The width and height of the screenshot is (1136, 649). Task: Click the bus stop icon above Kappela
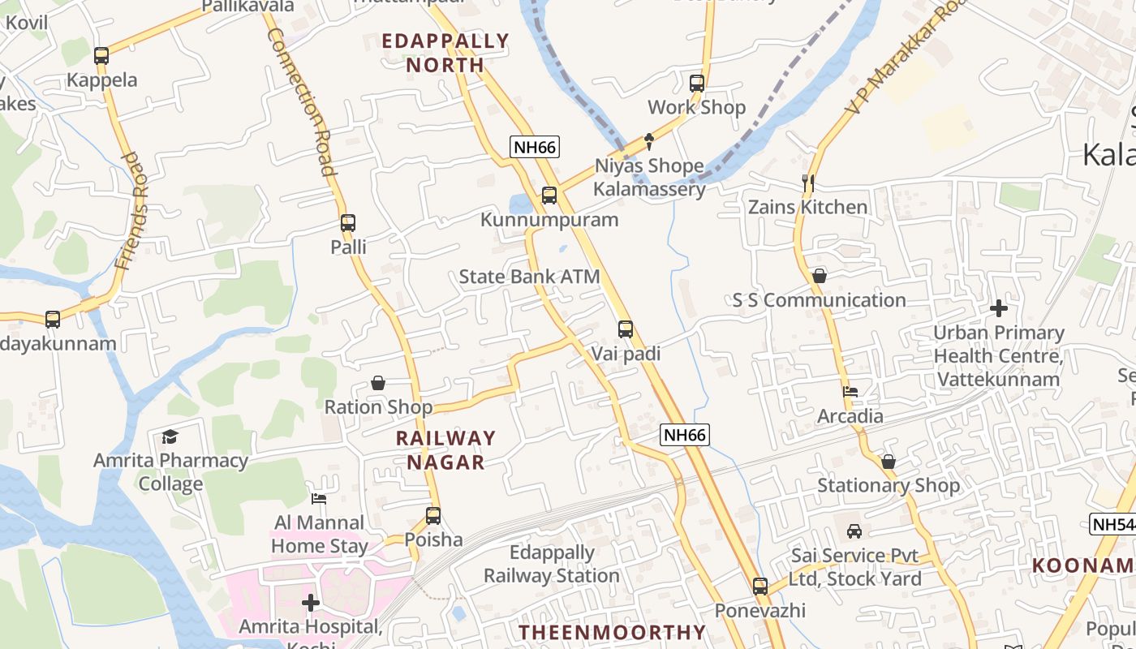point(101,56)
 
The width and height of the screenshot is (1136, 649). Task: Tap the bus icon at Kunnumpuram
point(549,196)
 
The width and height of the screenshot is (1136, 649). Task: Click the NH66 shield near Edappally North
point(535,147)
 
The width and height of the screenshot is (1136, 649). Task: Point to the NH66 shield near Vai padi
point(685,435)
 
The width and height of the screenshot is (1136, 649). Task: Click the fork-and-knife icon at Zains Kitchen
point(807,183)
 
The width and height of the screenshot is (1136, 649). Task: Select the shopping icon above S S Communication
point(820,277)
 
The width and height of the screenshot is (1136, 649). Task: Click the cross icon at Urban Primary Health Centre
point(999,308)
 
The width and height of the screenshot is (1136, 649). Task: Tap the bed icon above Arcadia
point(850,392)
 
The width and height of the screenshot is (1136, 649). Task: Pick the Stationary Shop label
point(889,485)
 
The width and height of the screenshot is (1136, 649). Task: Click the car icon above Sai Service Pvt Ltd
point(854,531)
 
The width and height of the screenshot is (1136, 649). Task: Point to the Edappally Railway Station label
point(552,564)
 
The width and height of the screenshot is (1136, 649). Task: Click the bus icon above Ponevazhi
point(760,586)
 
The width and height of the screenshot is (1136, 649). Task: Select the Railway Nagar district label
point(445,449)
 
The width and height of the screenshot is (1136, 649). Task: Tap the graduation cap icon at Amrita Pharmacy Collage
point(170,437)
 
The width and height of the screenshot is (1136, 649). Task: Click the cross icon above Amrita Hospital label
point(310,603)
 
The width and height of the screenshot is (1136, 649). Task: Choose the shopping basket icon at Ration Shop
point(378,383)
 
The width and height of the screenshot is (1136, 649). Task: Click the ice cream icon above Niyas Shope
point(649,142)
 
